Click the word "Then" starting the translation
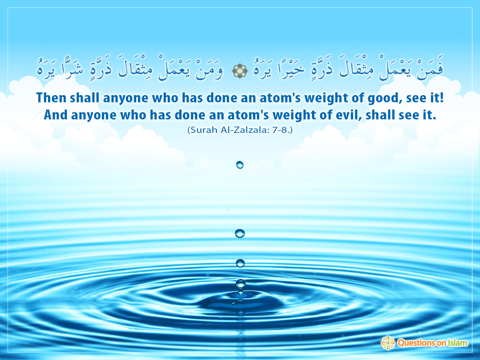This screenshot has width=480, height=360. pos(51,97)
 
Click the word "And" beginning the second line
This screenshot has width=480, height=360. pos(55,115)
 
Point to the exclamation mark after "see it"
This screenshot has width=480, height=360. pos(442,97)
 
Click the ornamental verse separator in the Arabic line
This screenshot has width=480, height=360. pos(240,70)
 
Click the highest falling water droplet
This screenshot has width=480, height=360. pos(240,165)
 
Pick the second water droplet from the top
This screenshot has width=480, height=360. pos(240,233)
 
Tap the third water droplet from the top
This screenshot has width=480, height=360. pos(240,263)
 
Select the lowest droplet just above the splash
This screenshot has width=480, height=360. pos(240,284)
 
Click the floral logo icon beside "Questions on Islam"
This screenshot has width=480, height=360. pos(388,343)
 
